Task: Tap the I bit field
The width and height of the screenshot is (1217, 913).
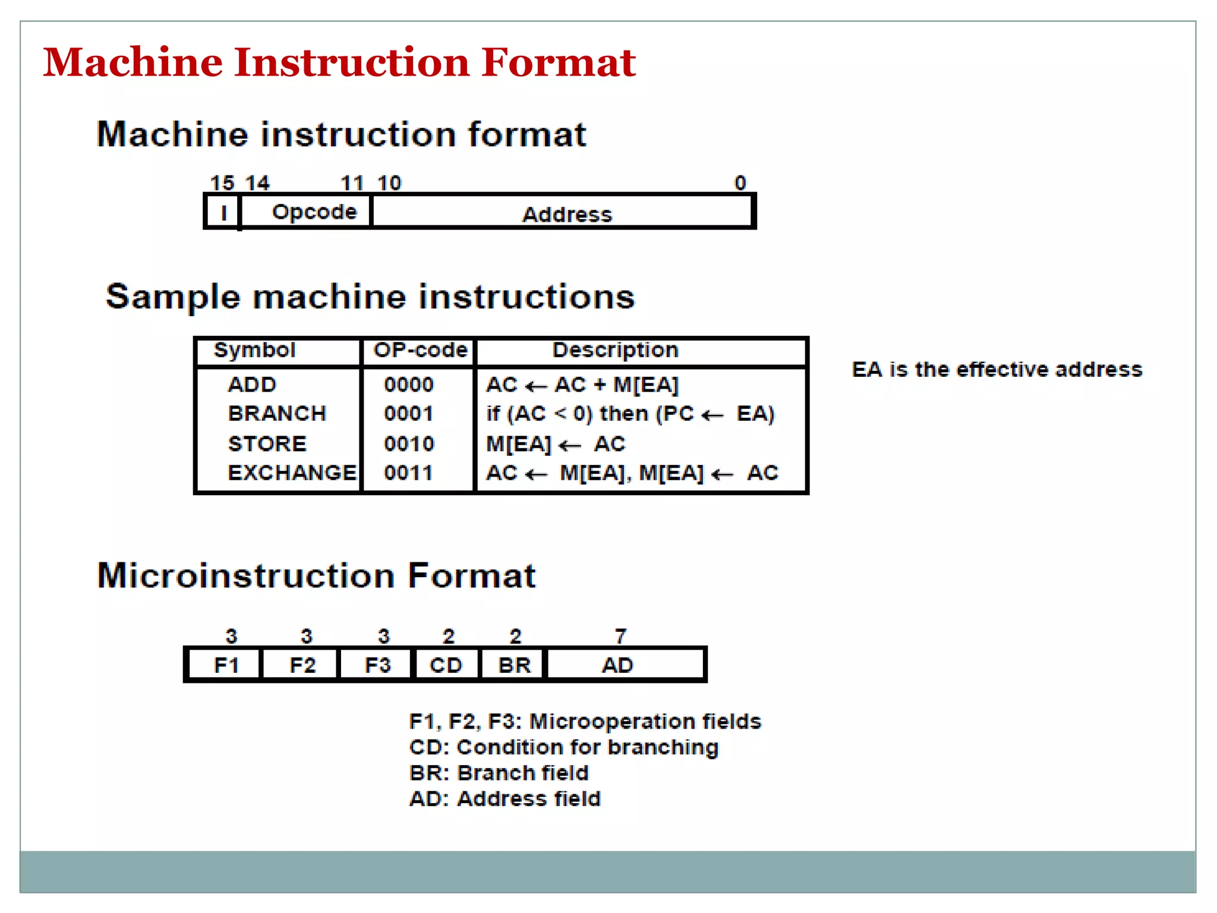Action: coord(223,212)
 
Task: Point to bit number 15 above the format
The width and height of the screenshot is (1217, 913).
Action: coord(222,182)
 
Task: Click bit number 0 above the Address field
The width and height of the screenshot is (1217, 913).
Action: coord(740,182)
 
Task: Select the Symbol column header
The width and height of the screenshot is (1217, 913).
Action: coord(254,350)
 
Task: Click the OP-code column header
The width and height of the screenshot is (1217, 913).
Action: coord(420,350)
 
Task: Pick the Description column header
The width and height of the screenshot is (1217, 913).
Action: coord(615,350)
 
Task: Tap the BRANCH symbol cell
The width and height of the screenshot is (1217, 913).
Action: coord(277,414)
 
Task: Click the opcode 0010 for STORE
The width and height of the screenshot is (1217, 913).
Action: coord(409,444)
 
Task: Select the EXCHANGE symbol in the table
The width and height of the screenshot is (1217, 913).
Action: coord(292,473)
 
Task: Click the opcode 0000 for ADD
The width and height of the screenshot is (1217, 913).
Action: coord(409,385)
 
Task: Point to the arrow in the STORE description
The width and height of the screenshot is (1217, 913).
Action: coord(570,445)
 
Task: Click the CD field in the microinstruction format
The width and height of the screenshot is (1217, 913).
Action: coord(446,665)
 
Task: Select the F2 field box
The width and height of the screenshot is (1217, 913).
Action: coord(302,665)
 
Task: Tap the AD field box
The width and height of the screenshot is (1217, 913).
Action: coord(618,665)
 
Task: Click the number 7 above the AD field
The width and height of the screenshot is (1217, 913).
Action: coord(620,636)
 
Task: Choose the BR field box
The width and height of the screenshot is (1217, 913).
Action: coord(514,665)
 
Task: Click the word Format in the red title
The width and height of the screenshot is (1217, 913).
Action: coord(558,62)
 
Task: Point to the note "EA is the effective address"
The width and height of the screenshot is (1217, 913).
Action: coord(997,370)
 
